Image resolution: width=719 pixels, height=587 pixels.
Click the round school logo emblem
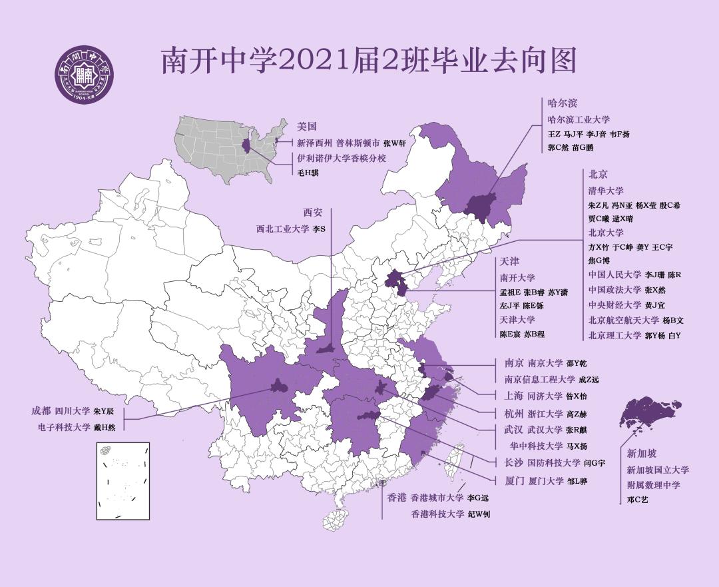tap(84, 75)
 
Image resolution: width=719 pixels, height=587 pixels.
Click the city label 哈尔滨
tap(561, 103)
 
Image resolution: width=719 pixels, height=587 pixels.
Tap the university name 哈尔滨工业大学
tap(578, 120)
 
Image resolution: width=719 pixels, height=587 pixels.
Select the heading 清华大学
tap(606, 191)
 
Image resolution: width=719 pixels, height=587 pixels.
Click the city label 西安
tap(313, 213)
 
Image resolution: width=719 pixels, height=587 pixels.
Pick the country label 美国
tap(307, 126)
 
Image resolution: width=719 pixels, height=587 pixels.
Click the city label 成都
tap(41, 411)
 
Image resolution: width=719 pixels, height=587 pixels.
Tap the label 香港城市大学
tap(436, 498)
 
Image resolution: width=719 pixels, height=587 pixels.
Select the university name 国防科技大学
tap(554, 462)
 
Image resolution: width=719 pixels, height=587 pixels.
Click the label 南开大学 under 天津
tap(517, 278)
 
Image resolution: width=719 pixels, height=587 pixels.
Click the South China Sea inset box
tap(122, 480)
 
